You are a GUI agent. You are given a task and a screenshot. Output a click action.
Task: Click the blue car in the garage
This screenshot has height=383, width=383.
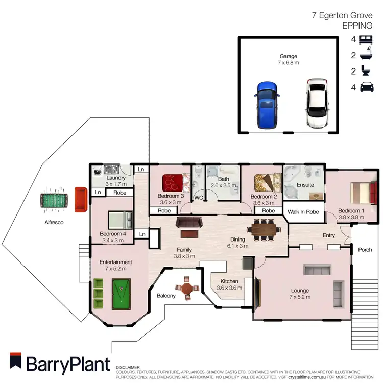[x=266, y=105]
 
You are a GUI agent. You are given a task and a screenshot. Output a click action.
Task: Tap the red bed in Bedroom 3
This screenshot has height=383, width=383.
[x=173, y=182]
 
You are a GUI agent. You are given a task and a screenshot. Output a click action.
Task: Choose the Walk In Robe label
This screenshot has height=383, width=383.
[x=304, y=211]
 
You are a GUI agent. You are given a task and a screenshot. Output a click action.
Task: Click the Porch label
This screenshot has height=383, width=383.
[x=365, y=250]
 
